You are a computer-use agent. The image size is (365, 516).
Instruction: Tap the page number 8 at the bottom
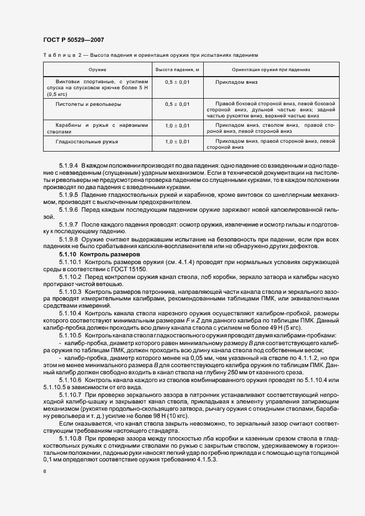click(44, 472)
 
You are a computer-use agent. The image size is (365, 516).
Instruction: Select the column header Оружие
click(97, 70)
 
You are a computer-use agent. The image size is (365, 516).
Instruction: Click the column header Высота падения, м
click(177, 70)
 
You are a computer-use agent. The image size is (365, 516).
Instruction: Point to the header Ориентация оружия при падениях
click(271, 70)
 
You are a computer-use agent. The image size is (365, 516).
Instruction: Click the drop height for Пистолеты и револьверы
click(177, 104)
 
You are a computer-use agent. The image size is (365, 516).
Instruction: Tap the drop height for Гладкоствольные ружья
click(177, 142)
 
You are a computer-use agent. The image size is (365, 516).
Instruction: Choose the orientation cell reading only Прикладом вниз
click(237, 82)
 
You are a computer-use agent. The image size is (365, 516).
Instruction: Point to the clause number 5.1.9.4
click(69, 165)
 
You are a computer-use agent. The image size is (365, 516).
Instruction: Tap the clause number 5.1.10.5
click(70, 335)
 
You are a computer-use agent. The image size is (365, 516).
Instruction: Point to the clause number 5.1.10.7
click(70, 396)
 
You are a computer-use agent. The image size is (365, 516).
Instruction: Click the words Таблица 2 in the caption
click(62, 55)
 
